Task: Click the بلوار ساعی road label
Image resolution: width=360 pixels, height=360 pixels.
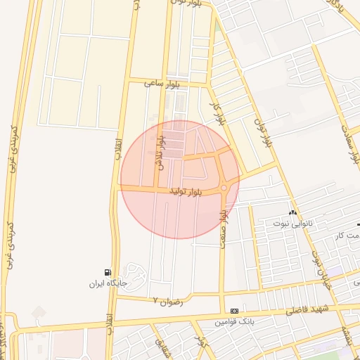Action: [x=163, y=83]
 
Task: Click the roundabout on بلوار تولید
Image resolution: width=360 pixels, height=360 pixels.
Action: [x=224, y=188]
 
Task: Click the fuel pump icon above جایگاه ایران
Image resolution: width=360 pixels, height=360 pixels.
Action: [x=106, y=272]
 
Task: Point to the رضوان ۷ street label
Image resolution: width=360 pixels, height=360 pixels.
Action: [x=167, y=301]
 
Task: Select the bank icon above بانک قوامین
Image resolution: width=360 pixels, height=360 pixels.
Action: [x=234, y=311]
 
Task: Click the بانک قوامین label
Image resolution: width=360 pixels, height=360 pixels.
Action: [x=234, y=322]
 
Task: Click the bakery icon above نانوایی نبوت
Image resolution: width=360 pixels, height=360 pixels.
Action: [x=292, y=212]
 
